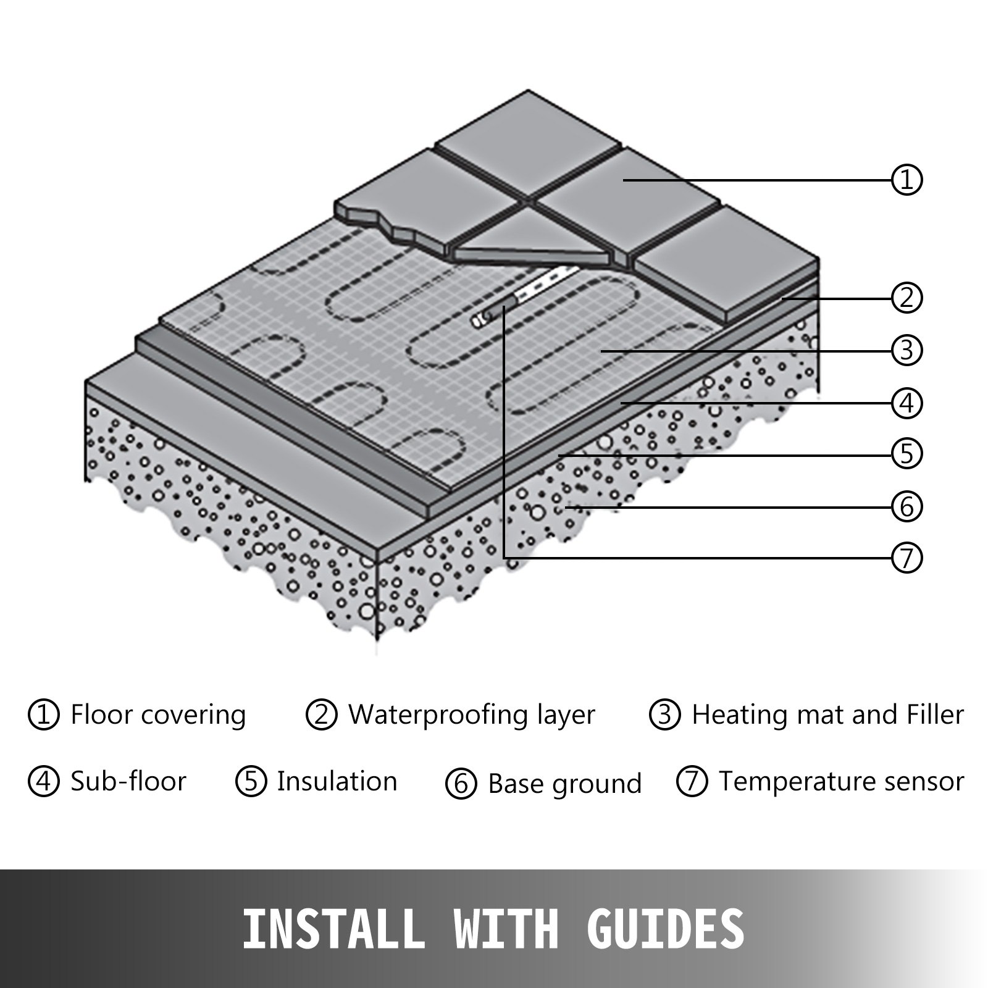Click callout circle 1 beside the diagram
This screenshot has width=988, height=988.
click(x=906, y=180)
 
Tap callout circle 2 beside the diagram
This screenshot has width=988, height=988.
click(x=906, y=298)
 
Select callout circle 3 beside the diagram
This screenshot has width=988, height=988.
click(x=906, y=350)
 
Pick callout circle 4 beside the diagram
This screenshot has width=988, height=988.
click(x=906, y=403)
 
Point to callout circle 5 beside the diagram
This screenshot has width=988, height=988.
click(x=906, y=454)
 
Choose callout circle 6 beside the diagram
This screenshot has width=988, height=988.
click(x=906, y=507)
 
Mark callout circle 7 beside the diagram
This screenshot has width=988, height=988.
click(x=906, y=558)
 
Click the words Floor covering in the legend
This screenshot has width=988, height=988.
click(x=158, y=714)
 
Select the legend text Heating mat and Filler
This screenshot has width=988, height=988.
click(x=827, y=714)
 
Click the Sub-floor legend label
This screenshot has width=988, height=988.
click(x=128, y=781)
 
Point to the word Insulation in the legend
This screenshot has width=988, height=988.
click(x=337, y=781)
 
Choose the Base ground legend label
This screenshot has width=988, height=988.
click(x=564, y=784)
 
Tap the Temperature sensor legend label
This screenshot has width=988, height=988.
click(x=841, y=781)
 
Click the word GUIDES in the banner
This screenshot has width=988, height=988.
click(x=665, y=928)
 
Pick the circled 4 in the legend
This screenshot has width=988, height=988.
click(x=44, y=781)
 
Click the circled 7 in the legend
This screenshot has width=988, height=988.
click(x=692, y=781)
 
